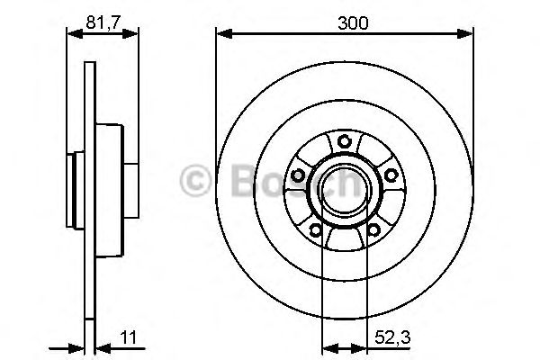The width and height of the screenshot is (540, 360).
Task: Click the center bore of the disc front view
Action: click(345, 189)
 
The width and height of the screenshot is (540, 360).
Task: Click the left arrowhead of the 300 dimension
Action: click(221, 35)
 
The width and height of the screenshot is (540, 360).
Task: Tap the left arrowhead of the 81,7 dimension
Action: click(73, 35)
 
